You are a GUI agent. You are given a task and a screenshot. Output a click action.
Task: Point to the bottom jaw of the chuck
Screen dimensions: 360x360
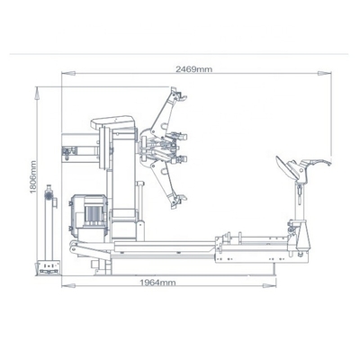176,202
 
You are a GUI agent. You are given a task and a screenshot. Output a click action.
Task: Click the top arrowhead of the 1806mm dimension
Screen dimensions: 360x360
37,88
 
